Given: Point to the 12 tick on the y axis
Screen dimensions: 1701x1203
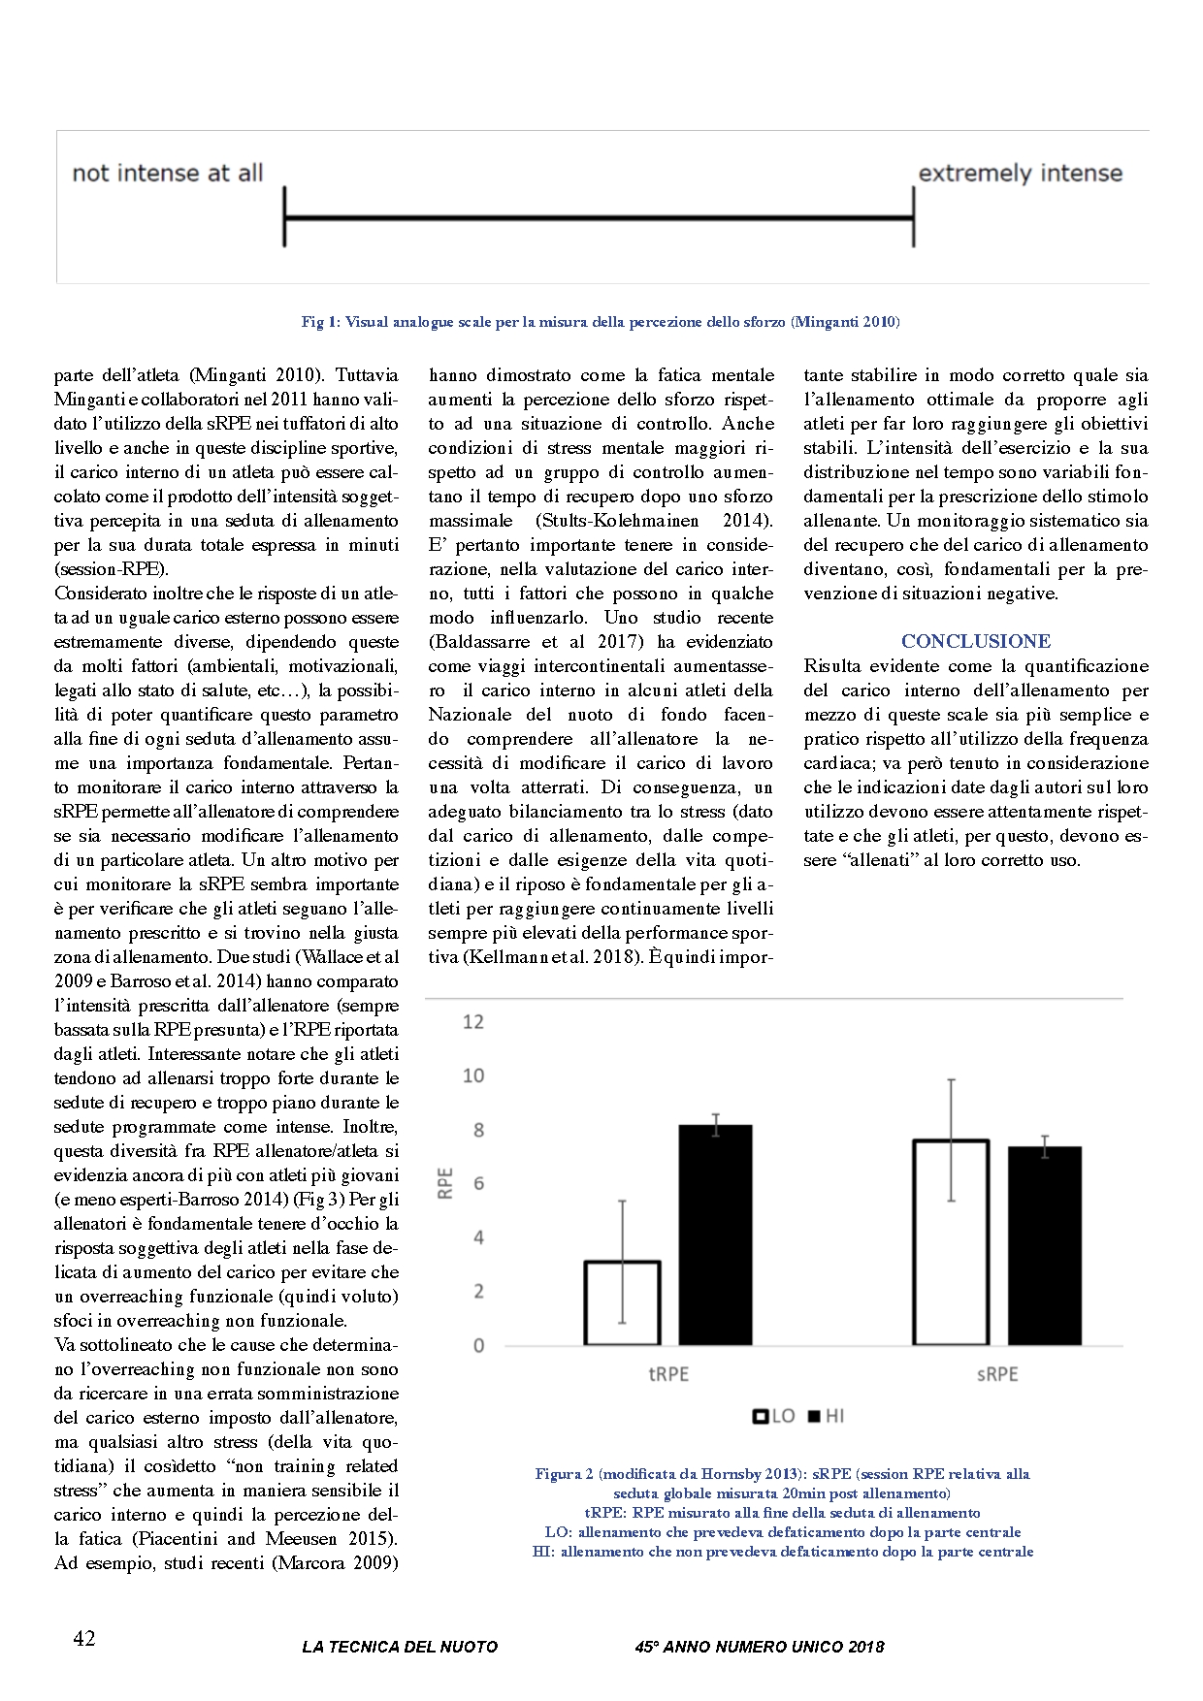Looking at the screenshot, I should (473, 1022).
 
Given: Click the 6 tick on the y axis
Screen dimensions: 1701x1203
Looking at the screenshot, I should (477, 1184).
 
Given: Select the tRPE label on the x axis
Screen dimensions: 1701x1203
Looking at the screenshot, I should (668, 1374).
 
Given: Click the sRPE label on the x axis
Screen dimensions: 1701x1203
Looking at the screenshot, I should (997, 1374).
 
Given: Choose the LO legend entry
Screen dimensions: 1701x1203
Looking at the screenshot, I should (774, 1416).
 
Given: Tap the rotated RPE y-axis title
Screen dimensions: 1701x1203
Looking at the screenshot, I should (446, 1183).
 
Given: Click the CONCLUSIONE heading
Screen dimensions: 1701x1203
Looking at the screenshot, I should (975, 641).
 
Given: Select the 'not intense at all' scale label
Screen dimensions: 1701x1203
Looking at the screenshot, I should (168, 174).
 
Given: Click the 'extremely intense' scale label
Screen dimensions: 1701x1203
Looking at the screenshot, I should (1020, 174).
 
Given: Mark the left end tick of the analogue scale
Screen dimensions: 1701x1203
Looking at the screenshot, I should (284, 217).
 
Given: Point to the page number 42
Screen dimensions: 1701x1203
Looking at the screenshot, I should (84, 1639).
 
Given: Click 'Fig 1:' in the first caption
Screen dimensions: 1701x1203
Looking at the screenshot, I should (320, 322).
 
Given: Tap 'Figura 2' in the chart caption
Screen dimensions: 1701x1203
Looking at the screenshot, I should (565, 1474).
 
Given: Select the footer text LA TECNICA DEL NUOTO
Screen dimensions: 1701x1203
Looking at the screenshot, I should (400, 1647).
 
